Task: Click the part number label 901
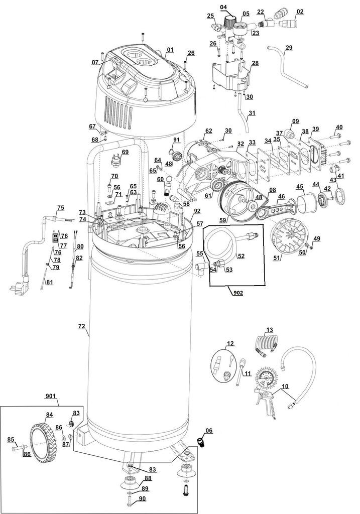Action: pyautogui.click(x=51, y=396)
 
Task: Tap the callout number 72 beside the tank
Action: pyautogui.click(x=81, y=327)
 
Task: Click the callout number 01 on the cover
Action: pyautogui.click(x=170, y=50)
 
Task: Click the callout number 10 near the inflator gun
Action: pyautogui.click(x=285, y=387)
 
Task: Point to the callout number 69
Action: pyautogui.click(x=125, y=152)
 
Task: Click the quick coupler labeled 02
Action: pyautogui.click(x=290, y=24)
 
